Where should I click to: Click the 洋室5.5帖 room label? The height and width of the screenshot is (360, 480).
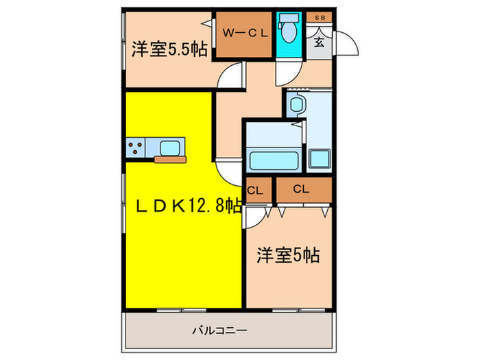(x=169, y=49)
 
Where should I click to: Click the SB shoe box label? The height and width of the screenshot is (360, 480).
(x=320, y=17)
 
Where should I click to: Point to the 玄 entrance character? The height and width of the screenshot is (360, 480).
(x=320, y=41)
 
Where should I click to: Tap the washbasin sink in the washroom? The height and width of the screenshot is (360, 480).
(x=296, y=105)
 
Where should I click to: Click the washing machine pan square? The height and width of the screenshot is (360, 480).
(x=319, y=158)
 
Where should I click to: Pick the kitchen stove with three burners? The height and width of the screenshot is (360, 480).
(x=134, y=147)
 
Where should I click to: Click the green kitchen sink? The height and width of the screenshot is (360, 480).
(x=170, y=146)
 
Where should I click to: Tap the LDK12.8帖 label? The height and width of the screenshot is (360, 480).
(x=182, y=205)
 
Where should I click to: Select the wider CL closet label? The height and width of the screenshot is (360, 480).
(x=301, y=189)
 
